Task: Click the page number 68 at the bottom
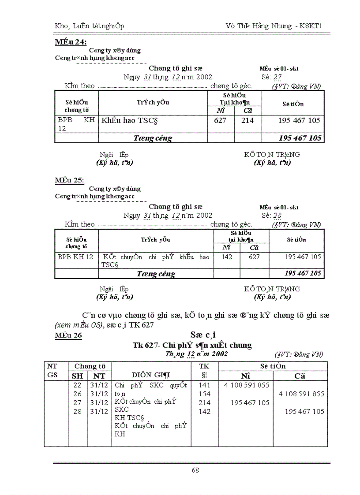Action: click(195, 470)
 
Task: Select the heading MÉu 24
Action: click(70, 42)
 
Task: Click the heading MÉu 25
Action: click(69, 181)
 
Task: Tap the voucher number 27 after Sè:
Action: click(277, 77)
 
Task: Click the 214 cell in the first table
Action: click(247, 120)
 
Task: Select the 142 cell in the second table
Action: click(227, 257)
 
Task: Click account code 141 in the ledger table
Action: click(205, 385)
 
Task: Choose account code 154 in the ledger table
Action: click(205, 394)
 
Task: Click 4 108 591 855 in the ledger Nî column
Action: click(247, 385)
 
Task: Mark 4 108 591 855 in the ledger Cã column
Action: click(301, 394)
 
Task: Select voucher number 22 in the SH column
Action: click(77, 385)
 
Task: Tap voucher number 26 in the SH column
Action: click(77, 394)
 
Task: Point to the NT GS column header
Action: click(52, 371)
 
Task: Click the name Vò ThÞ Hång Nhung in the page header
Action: click(258, 26)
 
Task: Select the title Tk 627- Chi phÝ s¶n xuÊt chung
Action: click(192, 345)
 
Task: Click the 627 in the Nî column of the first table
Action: click(220, 120)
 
